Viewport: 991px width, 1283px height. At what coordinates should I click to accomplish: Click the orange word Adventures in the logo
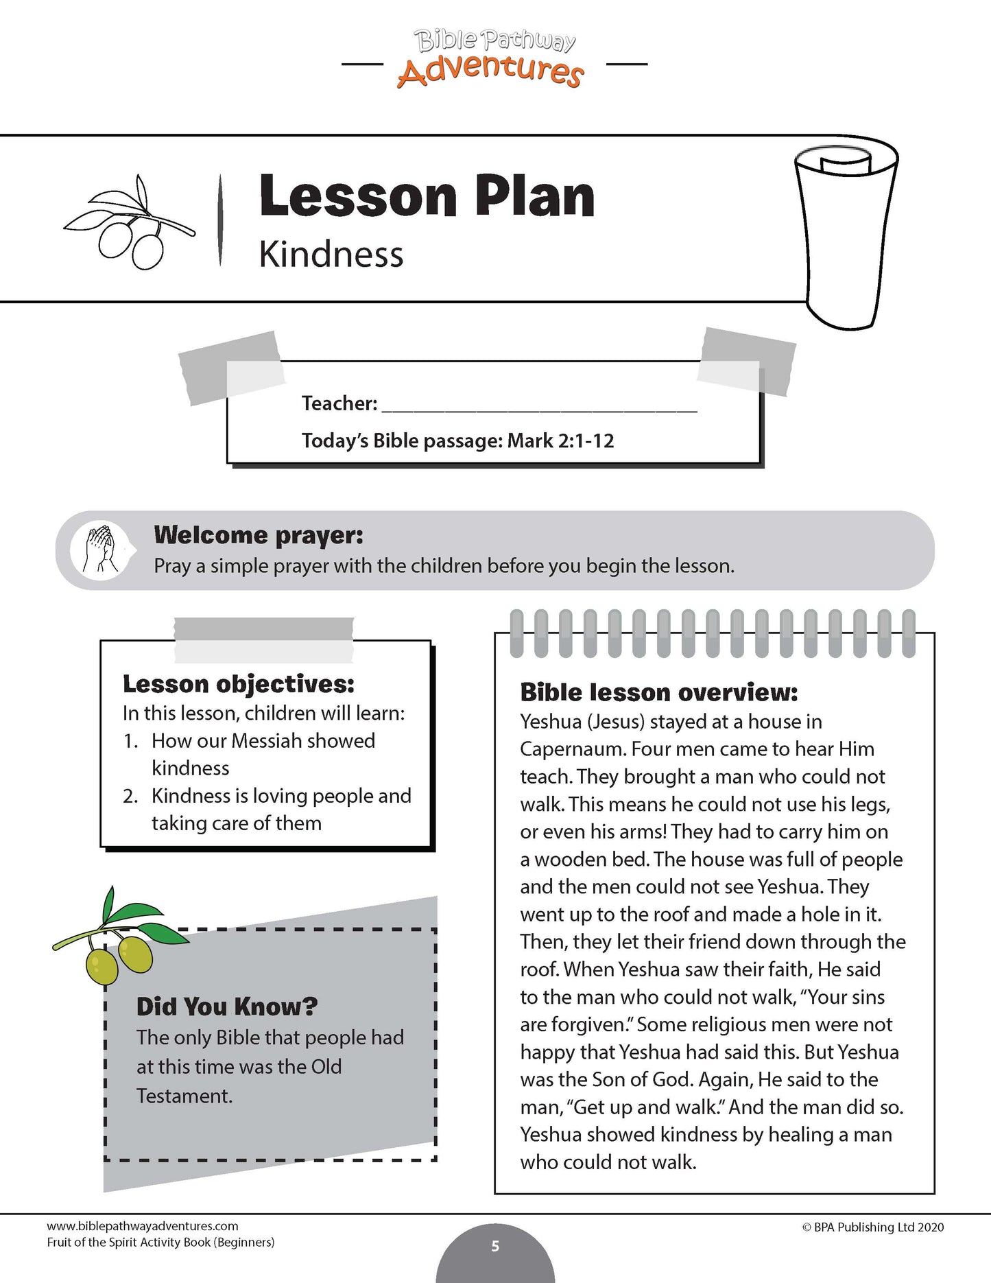coord(490,71)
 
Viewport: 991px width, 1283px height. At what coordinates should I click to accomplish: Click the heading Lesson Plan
coord(427,196)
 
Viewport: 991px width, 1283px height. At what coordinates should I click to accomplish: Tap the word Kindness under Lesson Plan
coord(331,255)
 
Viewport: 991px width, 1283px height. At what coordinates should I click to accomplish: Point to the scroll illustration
coord(846,233)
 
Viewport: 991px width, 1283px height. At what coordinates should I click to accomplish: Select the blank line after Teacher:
coord(539,405)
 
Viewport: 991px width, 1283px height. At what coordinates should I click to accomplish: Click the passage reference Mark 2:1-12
coord(560,440)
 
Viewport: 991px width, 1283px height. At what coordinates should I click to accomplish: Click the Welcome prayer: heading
coord(259,534)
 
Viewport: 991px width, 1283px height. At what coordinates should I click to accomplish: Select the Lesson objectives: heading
coord(239,683)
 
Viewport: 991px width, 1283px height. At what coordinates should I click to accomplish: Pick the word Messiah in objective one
coord(267,741)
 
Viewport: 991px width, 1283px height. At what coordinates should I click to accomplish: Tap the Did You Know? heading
coord(227,1007)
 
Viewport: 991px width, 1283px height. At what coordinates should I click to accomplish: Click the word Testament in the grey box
coord(183,1096)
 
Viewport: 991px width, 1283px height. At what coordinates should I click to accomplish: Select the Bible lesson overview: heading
coord(658,692)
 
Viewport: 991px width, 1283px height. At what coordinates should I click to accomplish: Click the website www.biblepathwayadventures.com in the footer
coord(143,1226)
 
